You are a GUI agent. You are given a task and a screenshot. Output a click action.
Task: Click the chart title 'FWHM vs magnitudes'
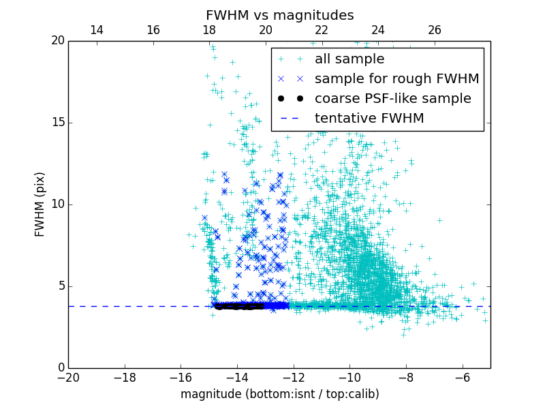(279, 15)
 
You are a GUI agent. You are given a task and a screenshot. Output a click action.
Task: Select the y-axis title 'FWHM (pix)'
(40, 204)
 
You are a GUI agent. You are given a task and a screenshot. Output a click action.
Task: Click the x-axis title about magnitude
(279, 394)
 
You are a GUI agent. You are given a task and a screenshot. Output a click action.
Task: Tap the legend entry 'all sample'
(349, 59)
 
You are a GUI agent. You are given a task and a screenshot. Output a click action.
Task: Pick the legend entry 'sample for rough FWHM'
(396, 79)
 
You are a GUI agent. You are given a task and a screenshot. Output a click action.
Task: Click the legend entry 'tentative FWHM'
(369, 119)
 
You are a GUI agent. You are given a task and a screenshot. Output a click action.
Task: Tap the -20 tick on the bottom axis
(68, 377)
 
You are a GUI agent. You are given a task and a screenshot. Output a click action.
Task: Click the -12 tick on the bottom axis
(294, 377)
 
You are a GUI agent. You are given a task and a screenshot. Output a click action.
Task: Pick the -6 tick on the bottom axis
(463, 377)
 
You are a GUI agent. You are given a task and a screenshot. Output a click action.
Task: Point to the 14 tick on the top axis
(97, 30)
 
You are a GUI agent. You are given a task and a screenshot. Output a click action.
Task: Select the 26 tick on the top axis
(435, 30)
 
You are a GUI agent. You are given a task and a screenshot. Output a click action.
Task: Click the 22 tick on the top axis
(322, 30)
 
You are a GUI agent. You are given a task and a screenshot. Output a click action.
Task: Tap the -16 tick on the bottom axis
(181, 377)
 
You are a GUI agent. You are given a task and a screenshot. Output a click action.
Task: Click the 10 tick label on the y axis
(57, 204)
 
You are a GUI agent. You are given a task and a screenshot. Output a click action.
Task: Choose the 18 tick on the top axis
(209, 30)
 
